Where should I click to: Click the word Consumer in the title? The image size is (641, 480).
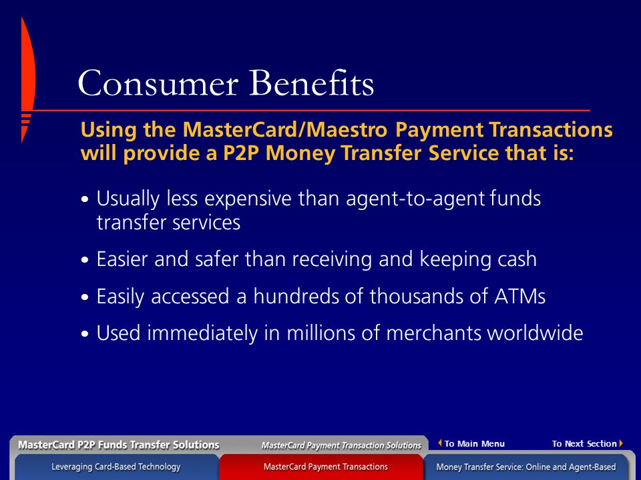tap(158, 83)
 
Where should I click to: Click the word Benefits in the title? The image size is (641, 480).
tap(312, 83)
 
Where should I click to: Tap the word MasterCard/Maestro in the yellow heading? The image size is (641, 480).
tap(284, 129)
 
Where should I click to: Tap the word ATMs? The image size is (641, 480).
tap(519, 296)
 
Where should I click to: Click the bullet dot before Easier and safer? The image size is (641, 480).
tap(85, 260)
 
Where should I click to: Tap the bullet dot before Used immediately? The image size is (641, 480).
tap(85, 333)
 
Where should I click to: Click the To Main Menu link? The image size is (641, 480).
tap(474, 444)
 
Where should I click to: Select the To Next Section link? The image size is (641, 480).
tap(584, 444)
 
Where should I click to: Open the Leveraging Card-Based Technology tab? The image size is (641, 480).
tap(116, 467)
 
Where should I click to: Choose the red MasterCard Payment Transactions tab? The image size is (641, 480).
tap(325, 467)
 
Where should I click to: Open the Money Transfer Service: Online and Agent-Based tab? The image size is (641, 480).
tap(525, 467)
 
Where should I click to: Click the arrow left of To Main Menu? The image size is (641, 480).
tap(440, 443)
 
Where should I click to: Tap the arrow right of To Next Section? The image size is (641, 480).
tap(621, 443)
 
